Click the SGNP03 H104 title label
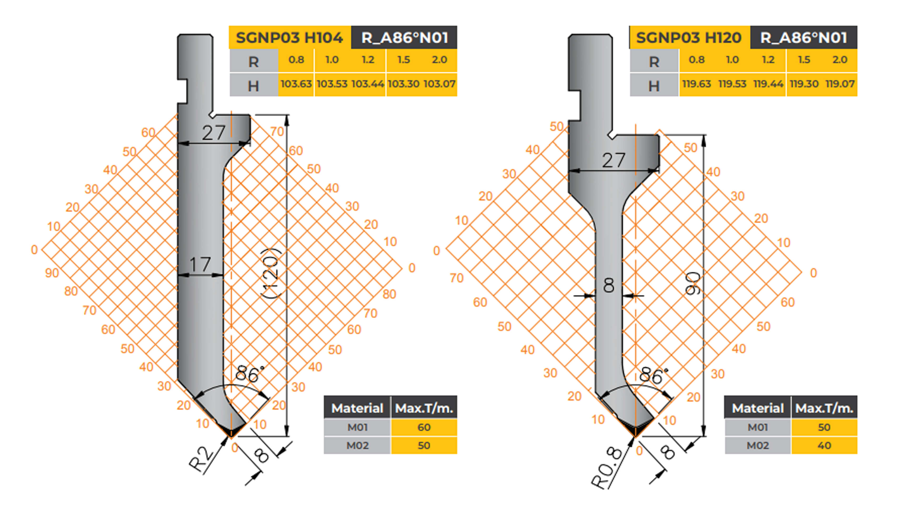coord(289,38)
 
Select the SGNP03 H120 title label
coord(689,38)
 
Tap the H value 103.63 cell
coord(296,84)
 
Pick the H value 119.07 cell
coord(840,84)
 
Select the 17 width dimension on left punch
coord(200,265)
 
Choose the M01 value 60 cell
coord(424,427)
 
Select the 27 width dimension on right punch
coord(614,160)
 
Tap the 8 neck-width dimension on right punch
coord(609,285)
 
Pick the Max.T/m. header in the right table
coord(824,408)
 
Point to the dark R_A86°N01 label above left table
coord(404,38)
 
